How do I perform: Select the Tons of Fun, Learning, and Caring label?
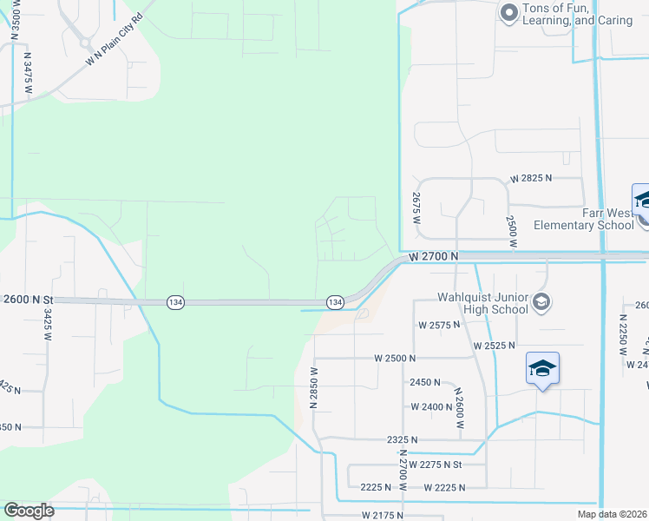click(x=578, y=15)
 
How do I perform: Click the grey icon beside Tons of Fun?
click(x=509, y=12)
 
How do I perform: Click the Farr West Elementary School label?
click(x=584, y=219)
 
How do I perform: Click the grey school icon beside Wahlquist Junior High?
click(x=541, y=302)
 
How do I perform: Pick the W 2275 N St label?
click(x=448, y=465)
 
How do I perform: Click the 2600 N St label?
click(x=29, y=299)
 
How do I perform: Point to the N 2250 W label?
click(x=623, y=330)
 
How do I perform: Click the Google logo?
click(x=29, y=511)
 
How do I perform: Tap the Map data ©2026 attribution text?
click(x=609, y=514)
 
